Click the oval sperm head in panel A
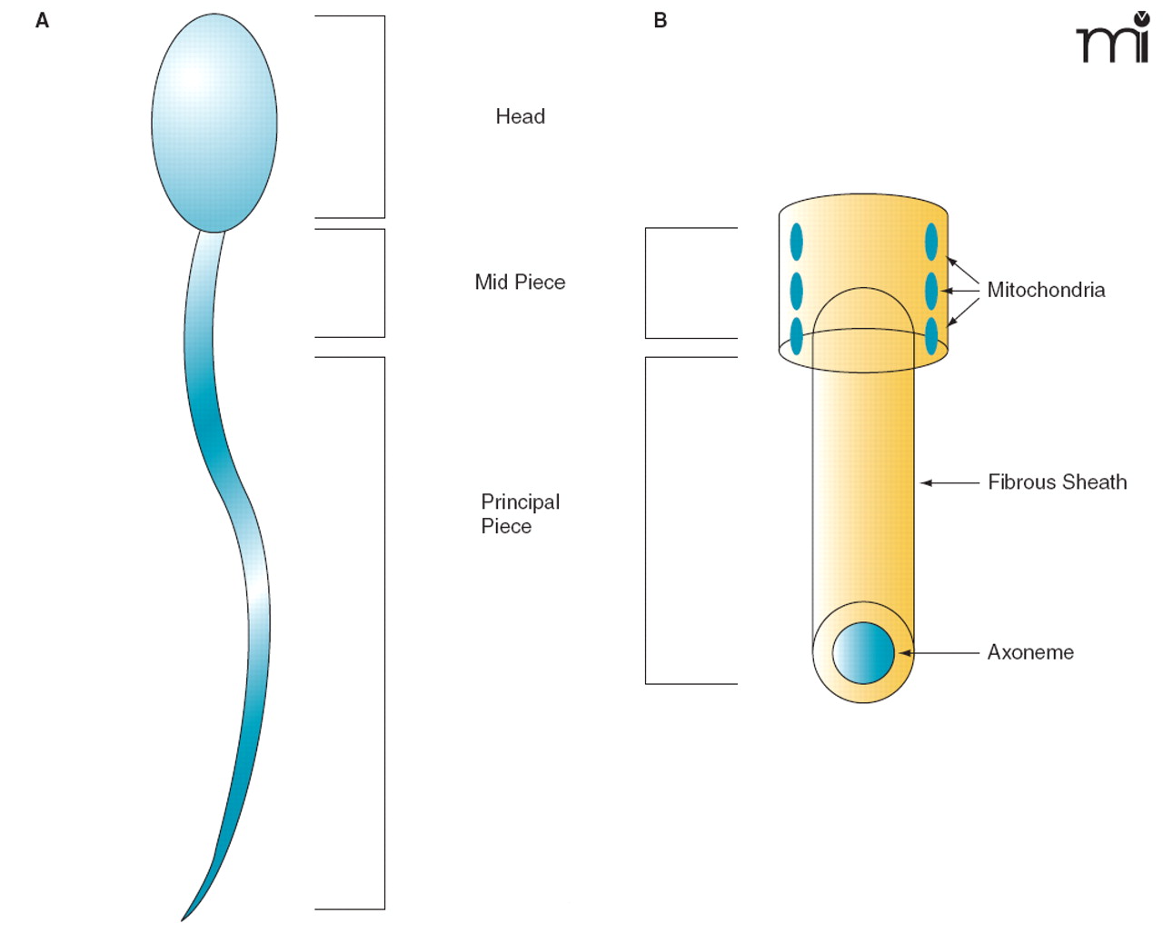214,123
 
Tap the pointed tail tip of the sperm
184,918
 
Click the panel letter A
42,21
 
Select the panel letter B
661,21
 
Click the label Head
520,116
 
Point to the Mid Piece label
520,283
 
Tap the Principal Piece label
520,514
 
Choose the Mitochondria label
1046,290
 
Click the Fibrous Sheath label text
1057,482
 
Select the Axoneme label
1030,652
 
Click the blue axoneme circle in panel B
863,652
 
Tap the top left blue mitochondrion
797,242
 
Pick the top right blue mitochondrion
931,242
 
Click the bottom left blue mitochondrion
797,335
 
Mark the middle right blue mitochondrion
931,291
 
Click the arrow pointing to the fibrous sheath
949,482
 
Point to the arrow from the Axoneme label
940,652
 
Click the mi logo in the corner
1113,38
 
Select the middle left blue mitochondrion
797,291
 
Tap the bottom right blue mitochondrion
931,335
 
